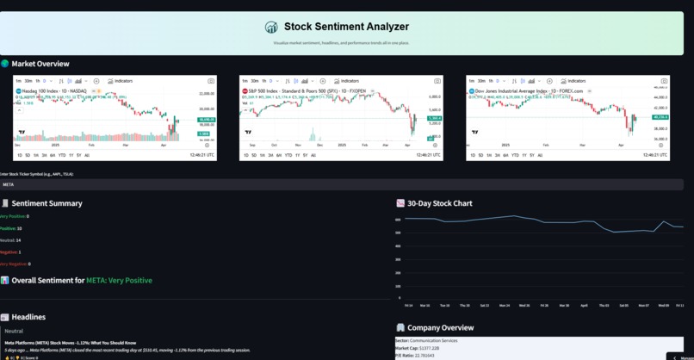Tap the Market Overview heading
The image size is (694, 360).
40,64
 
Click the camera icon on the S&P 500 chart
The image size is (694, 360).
437,81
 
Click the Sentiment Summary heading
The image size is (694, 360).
46,203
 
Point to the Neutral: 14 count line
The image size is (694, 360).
11,240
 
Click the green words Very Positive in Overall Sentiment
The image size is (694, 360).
120,281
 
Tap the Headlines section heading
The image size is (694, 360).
28,317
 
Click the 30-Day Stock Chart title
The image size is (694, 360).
439,203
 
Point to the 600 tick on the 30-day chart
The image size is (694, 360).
399,220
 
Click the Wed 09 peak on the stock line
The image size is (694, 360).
662,221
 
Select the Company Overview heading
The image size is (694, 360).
439,327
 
